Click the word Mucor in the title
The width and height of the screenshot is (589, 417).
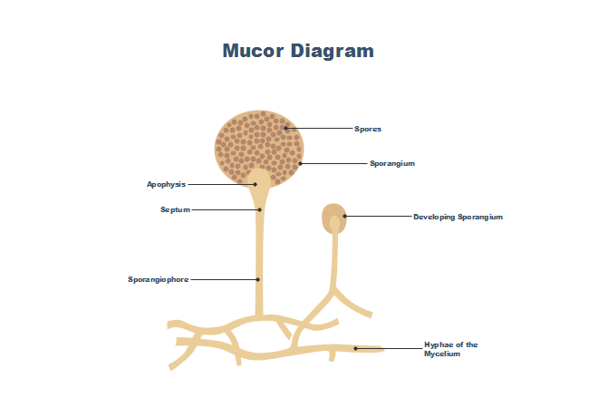pyautogui.click(x=253, y=51)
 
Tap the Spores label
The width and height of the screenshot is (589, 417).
pyautogui.click(x=367, y=129)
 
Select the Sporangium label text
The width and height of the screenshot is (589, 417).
pyautogui.click(x=391, y=163)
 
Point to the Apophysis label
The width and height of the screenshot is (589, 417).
pyautogui.click(x=166, y=184)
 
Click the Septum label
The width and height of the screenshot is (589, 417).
pyautogui.click(x=175, y=209)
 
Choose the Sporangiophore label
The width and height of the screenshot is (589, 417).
pyautogui.click(x=158, y=279)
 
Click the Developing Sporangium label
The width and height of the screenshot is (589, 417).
pyautogui.click(x=458, y=217)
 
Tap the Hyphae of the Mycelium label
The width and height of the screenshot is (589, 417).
pyautogui.click(x=450, y=349)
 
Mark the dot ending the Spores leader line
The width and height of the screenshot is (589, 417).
pyautogui.click(x=285, y=129)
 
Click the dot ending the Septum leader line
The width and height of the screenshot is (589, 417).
pyautogui.click(x=259, y=209)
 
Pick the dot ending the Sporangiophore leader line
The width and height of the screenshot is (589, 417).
pyautogui.click(x=258, y=279)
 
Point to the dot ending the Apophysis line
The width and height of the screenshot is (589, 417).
pyautogui.click(x=256, y=184)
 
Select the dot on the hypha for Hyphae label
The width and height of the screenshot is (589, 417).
pyautogui.click(x=355, y=348)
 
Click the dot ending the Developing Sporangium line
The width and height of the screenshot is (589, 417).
pyautogui.click(x=345, y=217)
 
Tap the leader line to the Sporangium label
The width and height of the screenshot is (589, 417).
pyautogui.click(x=333, y=163)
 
